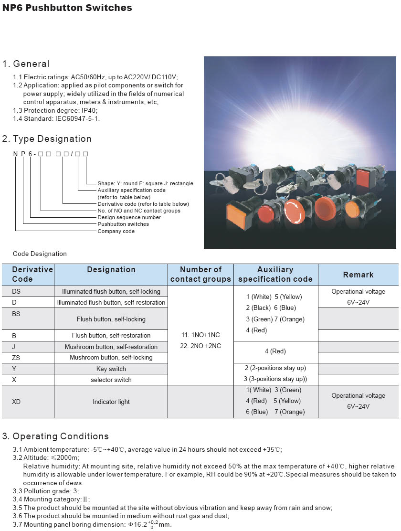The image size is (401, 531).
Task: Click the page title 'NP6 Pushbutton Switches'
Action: [67, 8]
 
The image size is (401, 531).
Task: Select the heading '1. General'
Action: [26, 64]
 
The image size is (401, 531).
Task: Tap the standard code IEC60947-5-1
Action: [77, 118]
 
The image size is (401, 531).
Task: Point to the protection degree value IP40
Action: [89, 110]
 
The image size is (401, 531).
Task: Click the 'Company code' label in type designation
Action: [116, 231]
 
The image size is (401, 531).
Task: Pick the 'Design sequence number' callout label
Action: [129, 217]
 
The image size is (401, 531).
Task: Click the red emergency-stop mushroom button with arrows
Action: [294, 212]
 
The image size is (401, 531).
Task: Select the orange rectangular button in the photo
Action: [241, 215]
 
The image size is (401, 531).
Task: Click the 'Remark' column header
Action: [358, 275]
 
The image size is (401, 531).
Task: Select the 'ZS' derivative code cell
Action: [16, 358]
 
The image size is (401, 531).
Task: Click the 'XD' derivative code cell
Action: [16, 402]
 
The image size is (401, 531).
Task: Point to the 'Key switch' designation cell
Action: [111, 369]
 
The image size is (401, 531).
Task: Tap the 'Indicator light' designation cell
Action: [111, 402]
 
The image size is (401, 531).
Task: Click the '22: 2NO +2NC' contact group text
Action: [200, 346]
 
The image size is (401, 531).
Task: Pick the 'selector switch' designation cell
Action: [111, 380]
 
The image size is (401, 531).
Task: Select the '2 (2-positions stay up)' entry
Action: [275, 368]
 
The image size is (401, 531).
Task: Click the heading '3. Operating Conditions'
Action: [55, 436]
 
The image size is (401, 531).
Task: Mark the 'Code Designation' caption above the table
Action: [40, 254]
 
